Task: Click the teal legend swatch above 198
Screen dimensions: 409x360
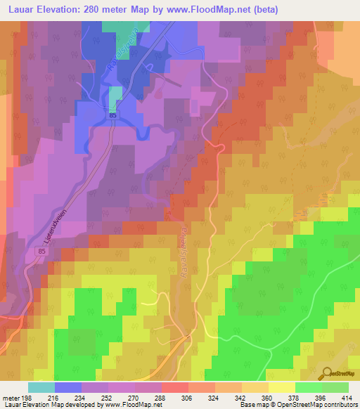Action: [41, 387]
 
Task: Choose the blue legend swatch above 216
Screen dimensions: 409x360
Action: [68, 387]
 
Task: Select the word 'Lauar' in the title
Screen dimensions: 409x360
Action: [18, 10]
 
